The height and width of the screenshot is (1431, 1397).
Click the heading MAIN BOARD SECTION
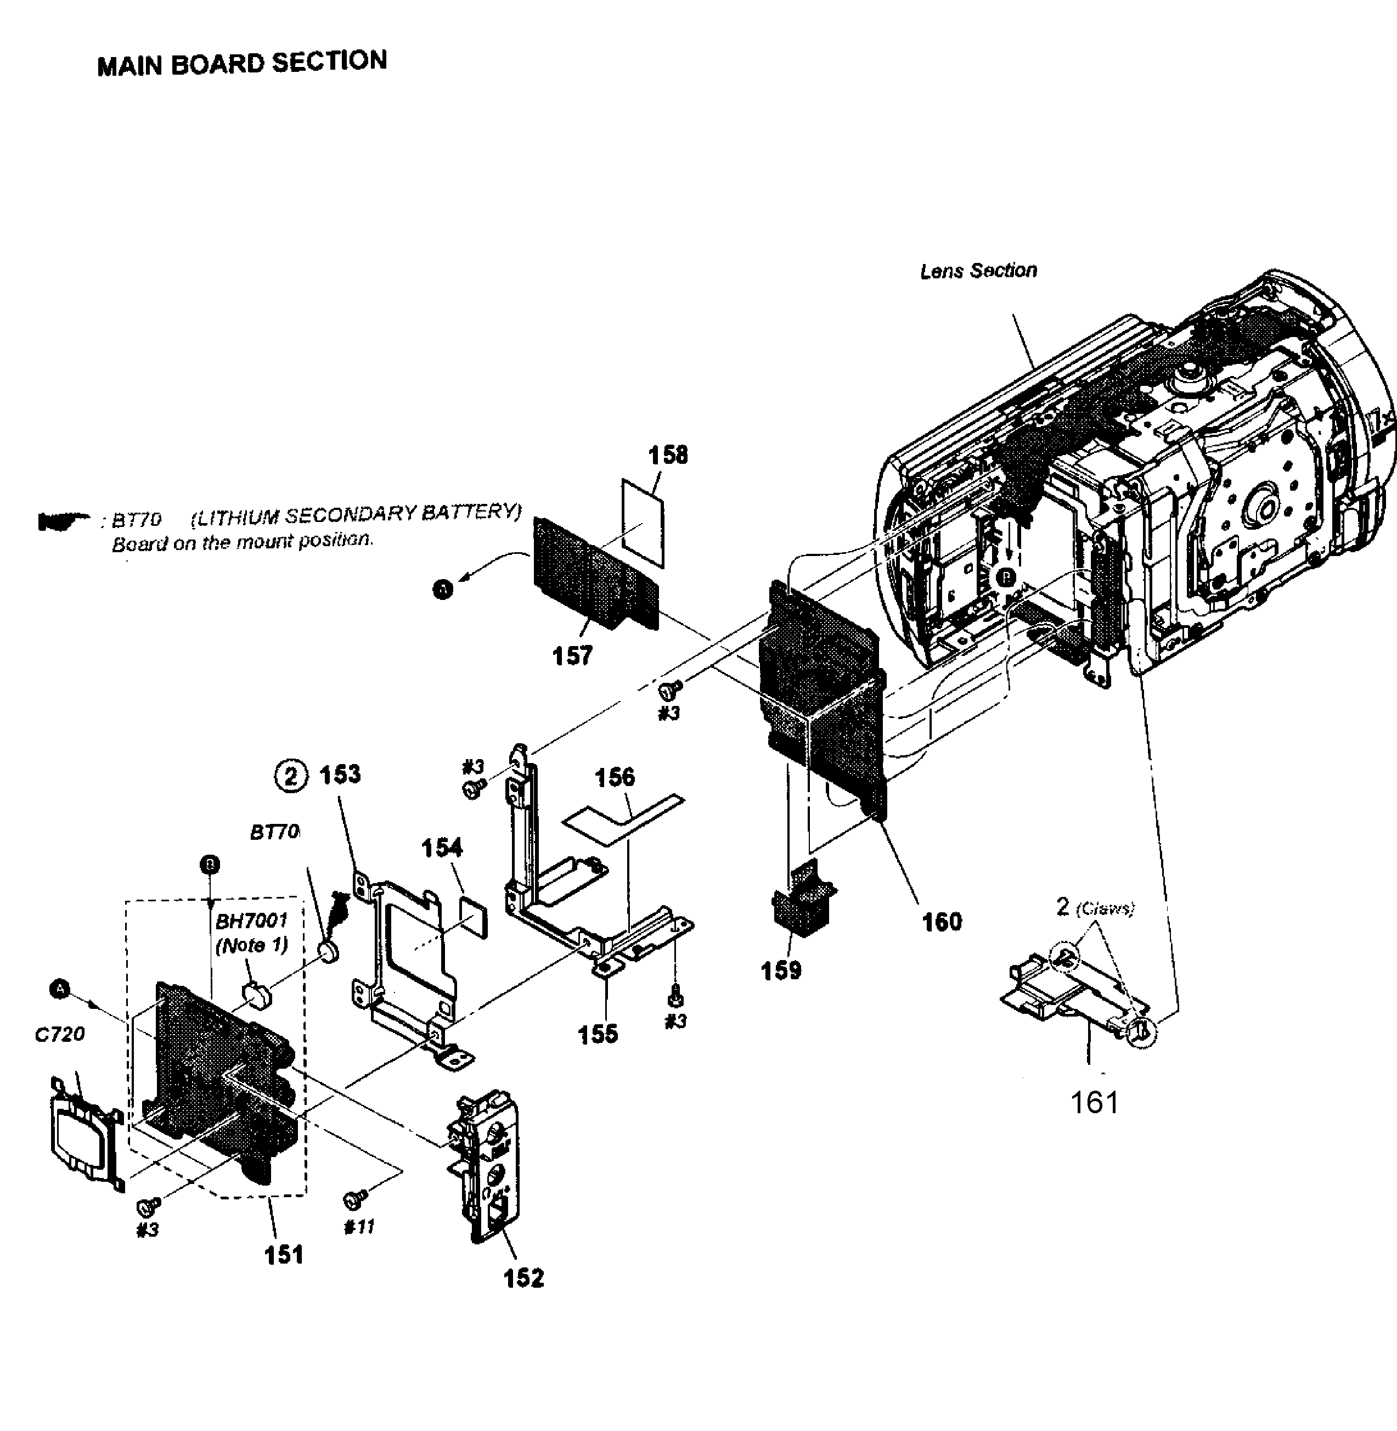click(x=241, y=63)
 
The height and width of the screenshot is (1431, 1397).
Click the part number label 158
click(x=668, y=455)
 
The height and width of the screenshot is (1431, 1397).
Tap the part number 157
click(x=572, y=655)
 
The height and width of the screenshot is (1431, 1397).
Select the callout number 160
click(x=942, y=921)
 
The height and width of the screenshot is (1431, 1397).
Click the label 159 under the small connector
click(x=781, y=970)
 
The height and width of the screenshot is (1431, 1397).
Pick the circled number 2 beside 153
click(x=291, y=776)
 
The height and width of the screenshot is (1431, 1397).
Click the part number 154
click(x=442, y=848)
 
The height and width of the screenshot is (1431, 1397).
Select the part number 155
click(x=598, y=1034)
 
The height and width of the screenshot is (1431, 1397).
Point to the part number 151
click(x=284, y=1254)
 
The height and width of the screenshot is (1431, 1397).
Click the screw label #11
click(x=359, y=1227)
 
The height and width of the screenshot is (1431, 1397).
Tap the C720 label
click(x=60, y=1034)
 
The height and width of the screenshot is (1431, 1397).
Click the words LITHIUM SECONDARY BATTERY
click(x=356, y=514)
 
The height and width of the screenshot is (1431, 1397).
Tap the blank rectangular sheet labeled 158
click(x=644, y=523)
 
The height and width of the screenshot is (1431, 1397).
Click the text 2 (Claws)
click(x=1095, y=908)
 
